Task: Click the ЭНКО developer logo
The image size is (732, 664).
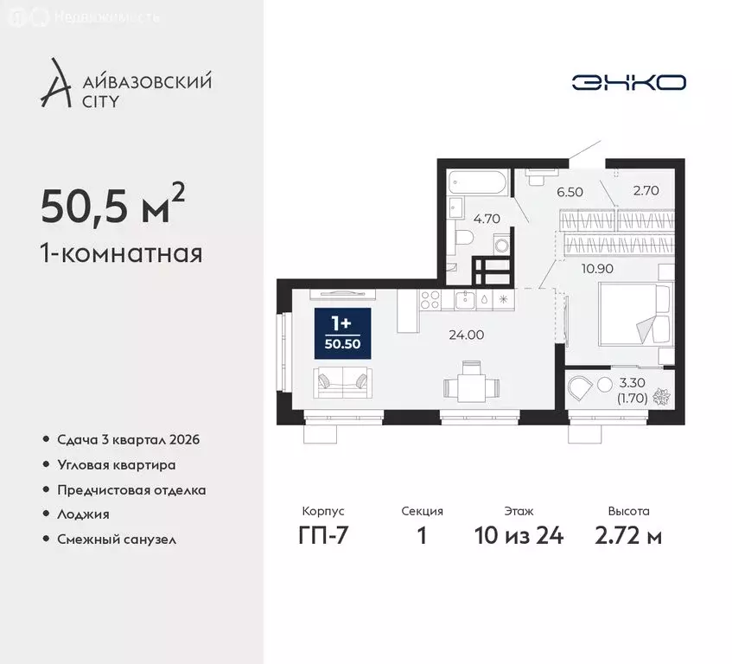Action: pyautogui.click(x=628, y=82)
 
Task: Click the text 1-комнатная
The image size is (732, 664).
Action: pyautogui.click(x=121, y=254)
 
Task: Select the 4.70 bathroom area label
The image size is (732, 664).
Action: pyautogui.click(x=487, y=219)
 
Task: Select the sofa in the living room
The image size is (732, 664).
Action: pyautogui.click(x=343, y=382)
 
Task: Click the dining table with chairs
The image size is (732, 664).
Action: pyautogui.click(x=469, y=382)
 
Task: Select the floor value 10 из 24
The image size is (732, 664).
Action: pyautogui.click(x=519, y=536)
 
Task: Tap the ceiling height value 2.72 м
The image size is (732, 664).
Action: pyautogui.click(x=628, y=536)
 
